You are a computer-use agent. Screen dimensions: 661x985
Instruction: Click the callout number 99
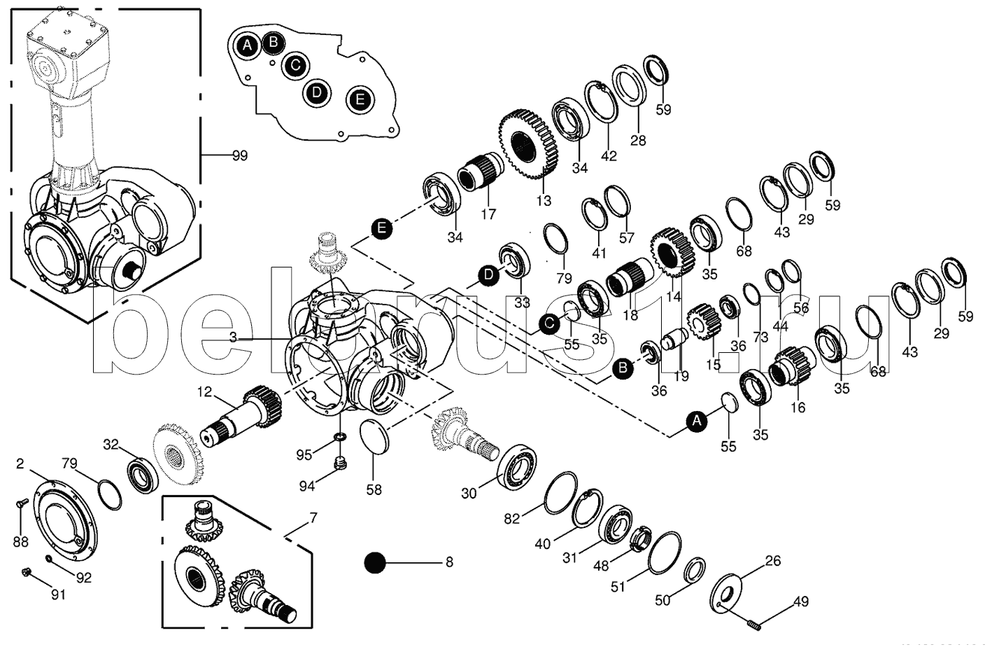coord(239,155)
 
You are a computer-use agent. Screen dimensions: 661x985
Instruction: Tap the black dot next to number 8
coord(376,562)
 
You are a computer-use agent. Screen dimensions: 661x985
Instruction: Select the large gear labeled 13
coord(528,144)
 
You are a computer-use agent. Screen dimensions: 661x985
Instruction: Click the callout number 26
coord(772,561)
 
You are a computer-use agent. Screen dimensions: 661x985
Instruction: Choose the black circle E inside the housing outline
coord(360,99)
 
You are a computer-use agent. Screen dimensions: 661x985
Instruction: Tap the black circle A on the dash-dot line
coord(695,421)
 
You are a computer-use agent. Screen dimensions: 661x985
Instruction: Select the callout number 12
coord(204,393)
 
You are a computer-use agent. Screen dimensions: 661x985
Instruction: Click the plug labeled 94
coord(341,463)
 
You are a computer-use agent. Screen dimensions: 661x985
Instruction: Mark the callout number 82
coord(513,519)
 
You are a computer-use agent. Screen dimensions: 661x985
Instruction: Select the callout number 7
coord(313,519)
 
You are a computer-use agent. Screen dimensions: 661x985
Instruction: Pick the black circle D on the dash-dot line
coord(488,275)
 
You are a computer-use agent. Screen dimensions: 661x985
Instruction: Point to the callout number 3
coord(233,337)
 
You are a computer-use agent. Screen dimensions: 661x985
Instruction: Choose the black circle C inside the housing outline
coord(295,66)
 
